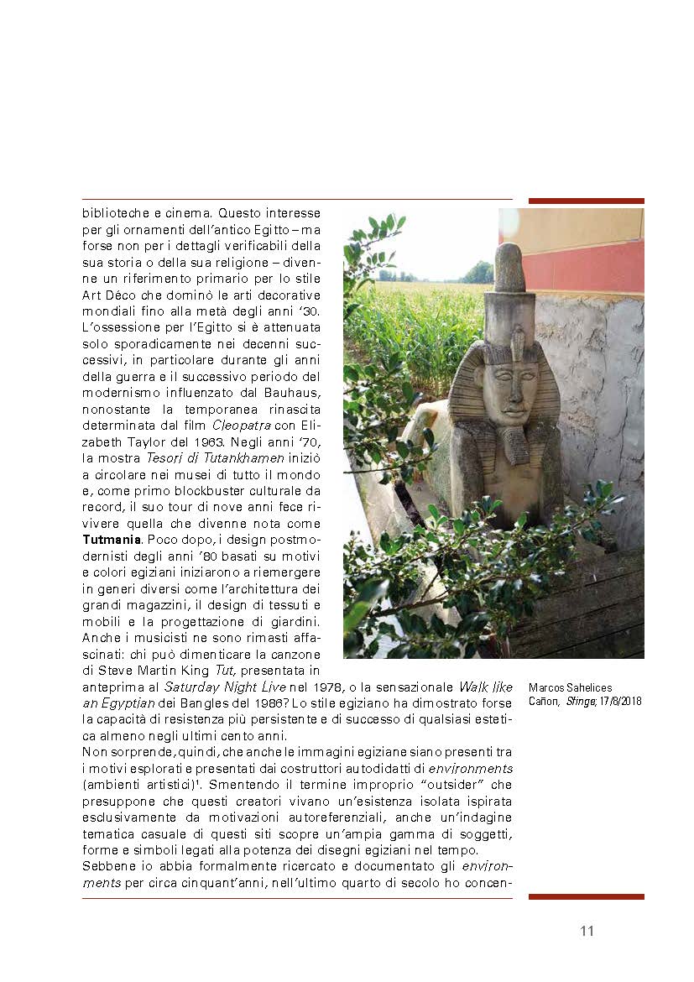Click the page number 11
click(x=587, y=931)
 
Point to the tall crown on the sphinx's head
click(x=509, y=290)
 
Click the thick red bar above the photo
click(x=586, y=201)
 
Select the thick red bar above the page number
click(x=586, y=896)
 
